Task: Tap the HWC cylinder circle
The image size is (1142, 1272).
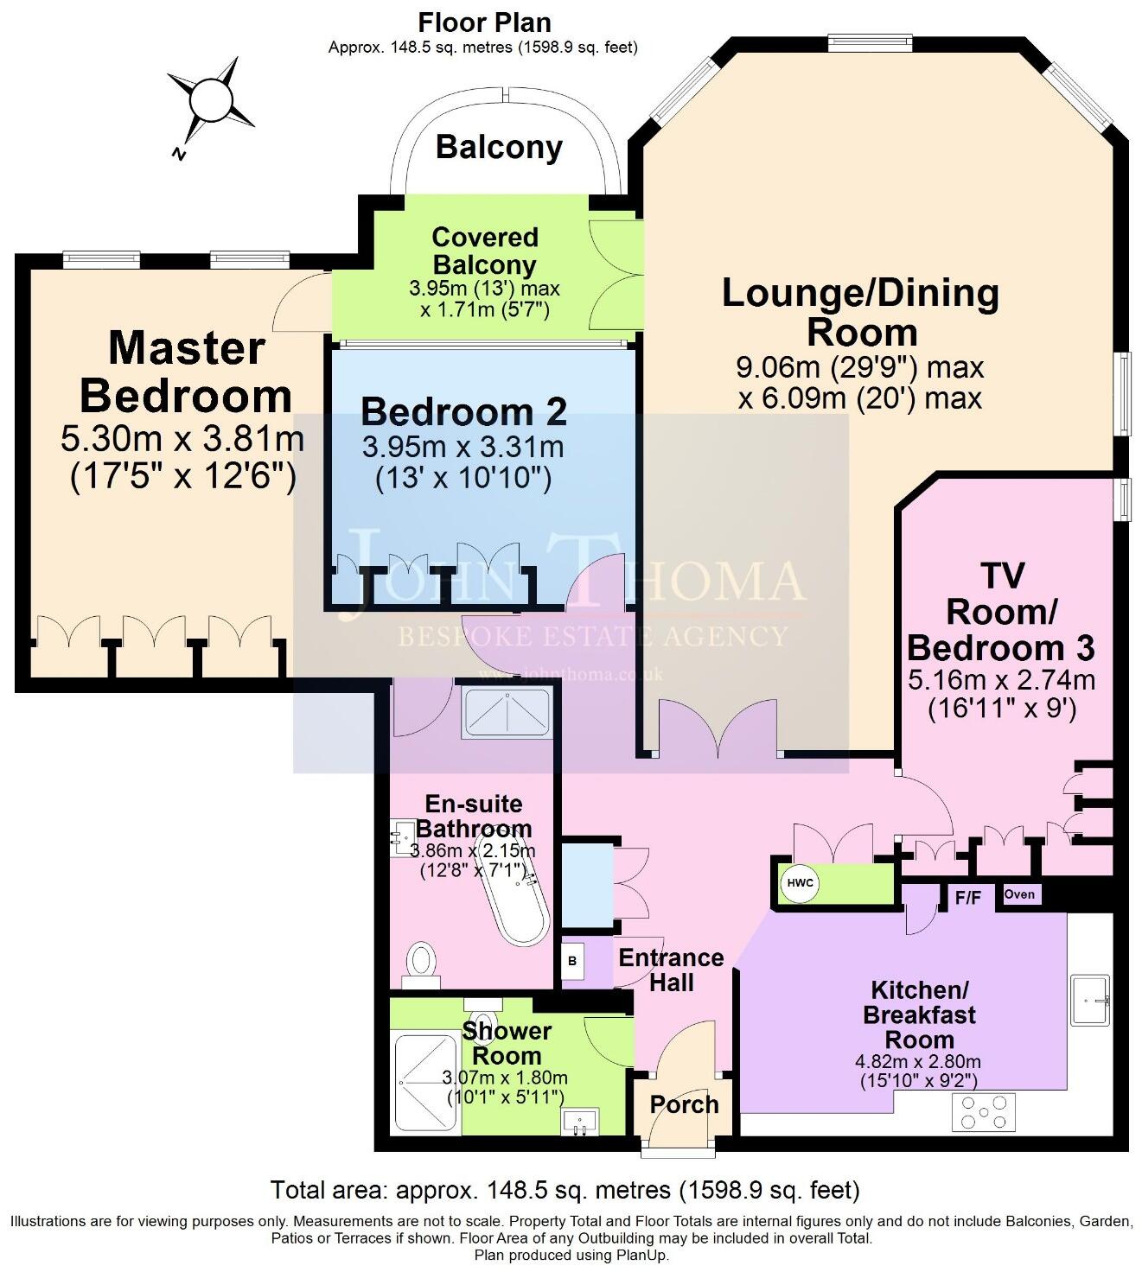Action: coord(800,884)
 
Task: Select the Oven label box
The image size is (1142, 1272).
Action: coord(1020,894)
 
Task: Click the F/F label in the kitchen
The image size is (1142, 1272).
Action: coord(967,898)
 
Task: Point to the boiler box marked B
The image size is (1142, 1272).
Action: coord(571,961)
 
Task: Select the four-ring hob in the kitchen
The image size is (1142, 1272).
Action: coord(984,1112)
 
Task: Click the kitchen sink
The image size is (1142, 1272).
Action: coord(1090,1000)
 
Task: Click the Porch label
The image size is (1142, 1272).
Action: coord(684,1104)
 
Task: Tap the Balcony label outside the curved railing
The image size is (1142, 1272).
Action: coord(499,147)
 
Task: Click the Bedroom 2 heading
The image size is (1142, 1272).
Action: coord(463,411)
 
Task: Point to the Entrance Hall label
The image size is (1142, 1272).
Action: coord(671,970)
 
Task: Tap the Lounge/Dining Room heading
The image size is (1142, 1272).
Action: coord(859,312)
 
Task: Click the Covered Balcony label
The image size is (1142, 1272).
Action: coord(484,251)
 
